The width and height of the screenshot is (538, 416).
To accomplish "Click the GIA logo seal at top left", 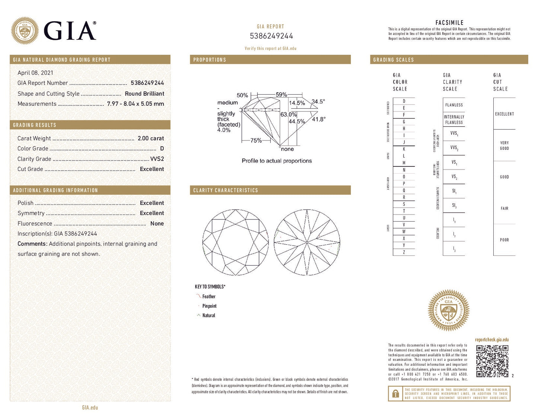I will point(25,31).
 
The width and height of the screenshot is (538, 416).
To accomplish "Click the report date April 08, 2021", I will point(35,73).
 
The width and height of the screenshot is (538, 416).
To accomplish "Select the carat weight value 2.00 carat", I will point(150,138).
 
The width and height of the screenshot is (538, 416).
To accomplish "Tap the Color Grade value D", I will point(162,148).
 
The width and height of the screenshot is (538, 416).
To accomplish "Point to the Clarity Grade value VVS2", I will point(157,159).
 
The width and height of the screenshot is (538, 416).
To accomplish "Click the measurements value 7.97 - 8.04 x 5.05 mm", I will point(135,104).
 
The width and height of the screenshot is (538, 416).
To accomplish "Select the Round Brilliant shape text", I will point(144,93).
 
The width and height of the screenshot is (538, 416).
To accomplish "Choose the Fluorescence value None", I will point(157,223).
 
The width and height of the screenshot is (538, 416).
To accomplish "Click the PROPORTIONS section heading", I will point(210,60).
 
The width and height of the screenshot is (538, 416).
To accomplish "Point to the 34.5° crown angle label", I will point(318,101).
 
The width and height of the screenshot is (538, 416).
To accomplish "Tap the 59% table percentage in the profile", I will point(281,95).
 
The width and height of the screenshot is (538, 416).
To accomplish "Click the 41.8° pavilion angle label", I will point(318,119).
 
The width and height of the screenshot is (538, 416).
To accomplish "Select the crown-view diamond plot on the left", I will point(235,242).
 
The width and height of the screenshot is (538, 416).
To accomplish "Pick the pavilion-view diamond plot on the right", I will point(307,242).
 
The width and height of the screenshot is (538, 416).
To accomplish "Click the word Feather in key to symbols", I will point(208,296).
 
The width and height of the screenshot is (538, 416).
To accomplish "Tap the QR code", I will point(492,361).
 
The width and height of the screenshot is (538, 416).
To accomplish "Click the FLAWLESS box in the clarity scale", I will point(454,105).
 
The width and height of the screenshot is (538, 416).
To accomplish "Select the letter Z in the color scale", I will point(404,252).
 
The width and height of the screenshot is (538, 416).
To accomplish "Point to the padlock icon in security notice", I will point(395,394).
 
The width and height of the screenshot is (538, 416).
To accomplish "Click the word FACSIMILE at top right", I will point(449,23).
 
